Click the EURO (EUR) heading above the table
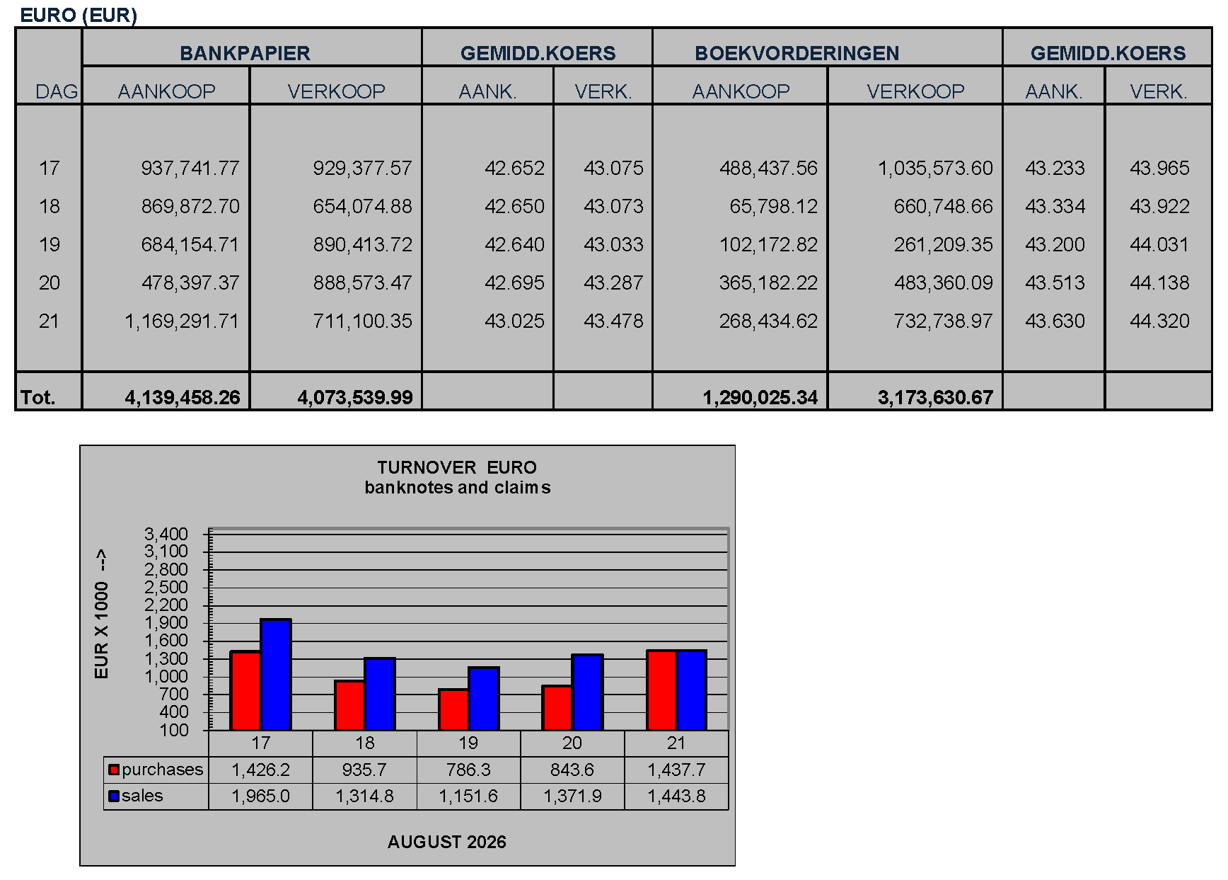click(79, 15)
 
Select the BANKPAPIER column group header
click(245, 53)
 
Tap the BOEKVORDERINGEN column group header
click(797, 53)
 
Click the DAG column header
click(57, 91)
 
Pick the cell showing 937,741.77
click(190, 168)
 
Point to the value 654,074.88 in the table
click(362, 206)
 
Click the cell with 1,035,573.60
click(935, 168)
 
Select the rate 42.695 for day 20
click(514, 282)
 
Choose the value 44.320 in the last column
click(1159, 321)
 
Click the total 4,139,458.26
click(183, 397)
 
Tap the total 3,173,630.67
click(935, 397)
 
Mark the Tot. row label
click(37, 397)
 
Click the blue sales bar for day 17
click(276, 675)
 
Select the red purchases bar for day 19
click(453, 709)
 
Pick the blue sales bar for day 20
click(588, 692)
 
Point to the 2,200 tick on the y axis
click(166, 605)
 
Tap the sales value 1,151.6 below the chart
click(468, 796)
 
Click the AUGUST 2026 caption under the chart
click(447, 842)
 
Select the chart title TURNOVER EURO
click(457, 467)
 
